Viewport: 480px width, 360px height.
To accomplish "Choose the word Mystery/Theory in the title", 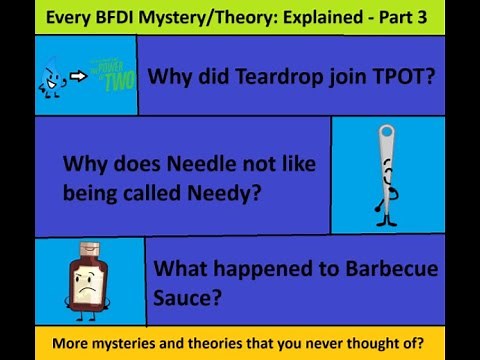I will pos(195,17).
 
